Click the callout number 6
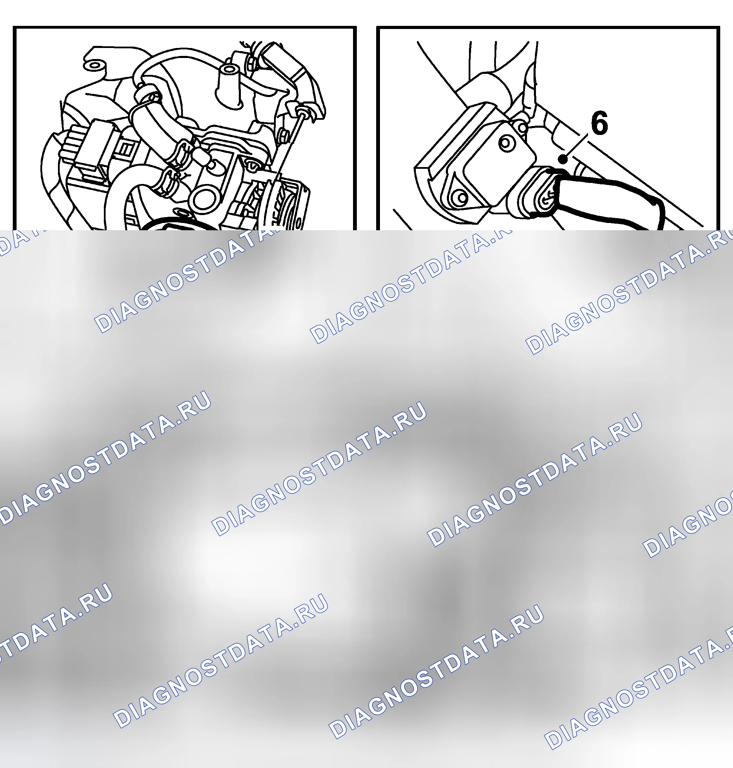[599, 123]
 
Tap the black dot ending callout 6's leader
[563, 159]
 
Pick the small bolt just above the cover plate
[521, 127]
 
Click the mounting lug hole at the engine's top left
[93, 65]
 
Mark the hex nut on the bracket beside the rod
[284, 136]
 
